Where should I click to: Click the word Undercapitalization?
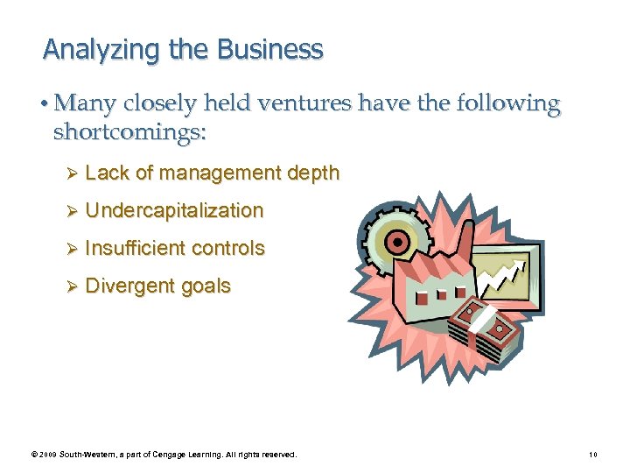click(174, 210)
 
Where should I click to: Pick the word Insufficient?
click(136, 248)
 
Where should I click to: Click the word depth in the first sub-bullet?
click(313, 173)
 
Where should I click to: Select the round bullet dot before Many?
click(45, 104)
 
